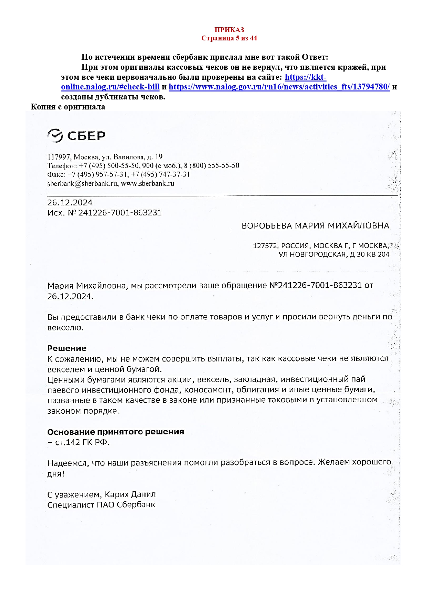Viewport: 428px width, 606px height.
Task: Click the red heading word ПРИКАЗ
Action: click(229, 30)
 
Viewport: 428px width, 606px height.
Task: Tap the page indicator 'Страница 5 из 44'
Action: click(229, 38)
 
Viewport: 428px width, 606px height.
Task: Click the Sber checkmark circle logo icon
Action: click(55, 136)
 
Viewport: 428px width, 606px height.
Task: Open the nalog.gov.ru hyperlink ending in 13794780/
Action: click(279, 87)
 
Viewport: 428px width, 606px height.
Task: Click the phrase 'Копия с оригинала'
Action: click(68, 107)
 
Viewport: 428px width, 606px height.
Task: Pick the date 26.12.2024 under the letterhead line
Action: click(70, 203)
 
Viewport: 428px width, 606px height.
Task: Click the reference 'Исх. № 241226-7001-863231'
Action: click(104, 213)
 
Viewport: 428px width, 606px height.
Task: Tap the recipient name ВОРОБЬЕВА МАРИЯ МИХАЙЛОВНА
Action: click(315, 226)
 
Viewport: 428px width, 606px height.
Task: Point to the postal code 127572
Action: click(265, 246)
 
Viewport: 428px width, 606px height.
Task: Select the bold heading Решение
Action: click(67, 348)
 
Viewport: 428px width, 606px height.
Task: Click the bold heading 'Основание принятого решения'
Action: click(116, 432)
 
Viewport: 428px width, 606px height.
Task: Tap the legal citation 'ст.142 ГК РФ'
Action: click(82, 443)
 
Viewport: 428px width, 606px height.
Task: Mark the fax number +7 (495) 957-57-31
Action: click(98, 175)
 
